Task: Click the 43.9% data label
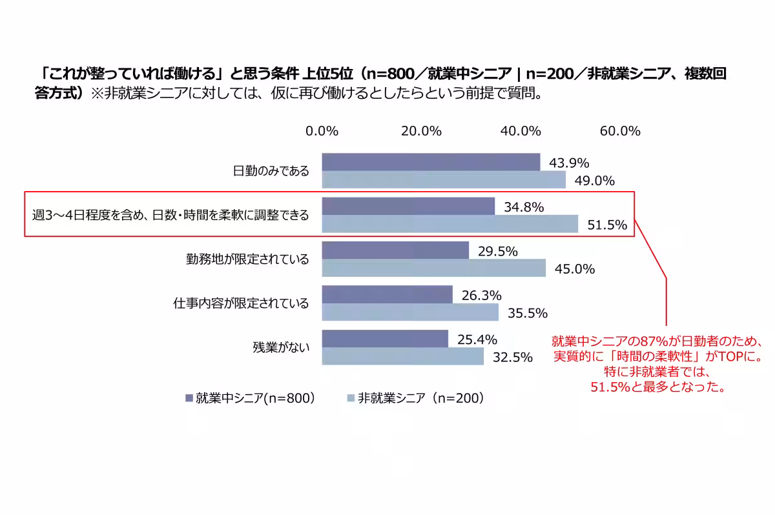pyautogui.click(x=569, y=163)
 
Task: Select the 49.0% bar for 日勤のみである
pyautogui.click(x=444, y=180)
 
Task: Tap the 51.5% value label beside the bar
pyautogui.click(x=608, y=225)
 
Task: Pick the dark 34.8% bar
pyautogui.click(x=408, y=207)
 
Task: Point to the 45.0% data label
pyautogui.click(x=575, y=269)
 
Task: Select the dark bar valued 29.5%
pyautogui.click(x=395, y=250)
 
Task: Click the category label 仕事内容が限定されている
pyautogui.click(x=241, y=303)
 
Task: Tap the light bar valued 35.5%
pyautogui.click(x=410, y=312)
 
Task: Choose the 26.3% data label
pyautogui.click(x=482, y=296)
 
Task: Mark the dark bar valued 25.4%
pyautogui.click(x=385, y=339)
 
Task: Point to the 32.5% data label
pyautogui.click(x=512, y=357)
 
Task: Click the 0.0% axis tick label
pyautogui.click(x=322, y=131)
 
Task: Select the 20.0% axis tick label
pyautogui.click(x=421, y=131)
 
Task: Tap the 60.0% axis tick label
pyautogui.click(x=620, y=131)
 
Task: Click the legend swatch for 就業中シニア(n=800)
pyautogui.click(x=189, y=398)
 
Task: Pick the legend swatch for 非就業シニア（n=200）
pyautogui.click(x=351, y=398)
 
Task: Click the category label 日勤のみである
pyautogui.click(x=271, y=171)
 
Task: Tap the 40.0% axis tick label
pyautogui.click(x=520, y=131)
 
